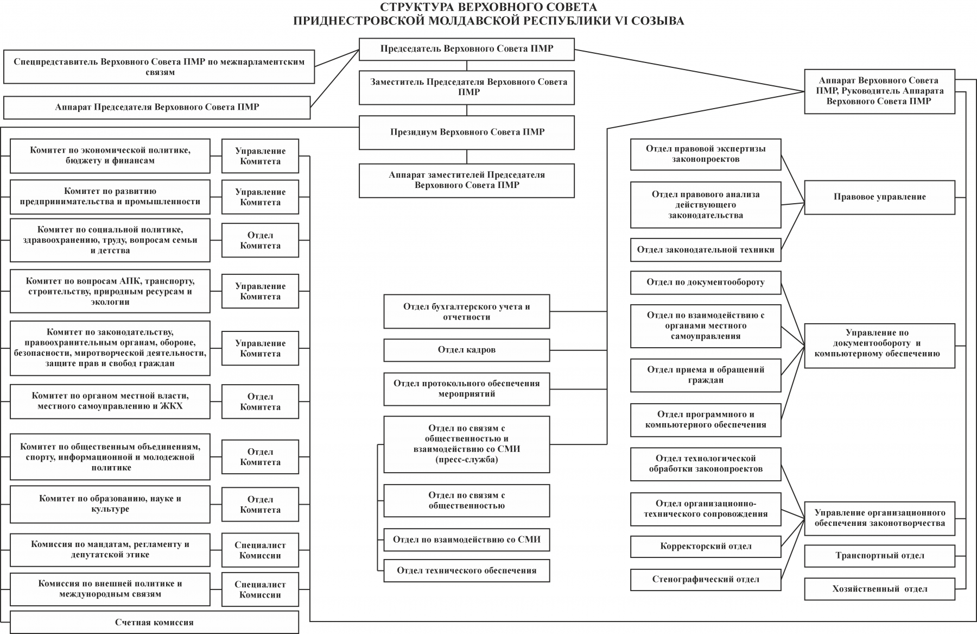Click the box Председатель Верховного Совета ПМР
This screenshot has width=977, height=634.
pyautogui.click(x=466, y=49)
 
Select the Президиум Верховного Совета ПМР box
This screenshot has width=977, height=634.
pyautogui.click(x=466, y=132)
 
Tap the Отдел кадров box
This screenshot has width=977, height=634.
pyautogui.click(x=466, y=350)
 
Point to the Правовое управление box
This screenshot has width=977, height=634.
pyautogui.click(x=879, y=197)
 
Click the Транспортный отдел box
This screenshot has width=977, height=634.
pyautogui.click(x=879, y=556)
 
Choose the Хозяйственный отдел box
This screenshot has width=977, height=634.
pyautogui.click(x=879, y=589)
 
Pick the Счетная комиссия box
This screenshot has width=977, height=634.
pyautogui.click(x=154, y=622)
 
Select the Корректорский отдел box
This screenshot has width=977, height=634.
pyautogui.click(x=706, y=547)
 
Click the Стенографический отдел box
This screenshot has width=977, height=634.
pyautogui.click(x=706, y=579)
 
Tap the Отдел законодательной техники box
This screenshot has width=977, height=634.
pyautogui.click(x=706, y=250)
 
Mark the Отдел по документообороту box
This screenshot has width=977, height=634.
pyautogui.click(x=706, y=283)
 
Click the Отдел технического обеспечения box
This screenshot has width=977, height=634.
pyautogui.click(x=466, y=570)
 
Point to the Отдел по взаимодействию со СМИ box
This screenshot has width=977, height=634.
pyautogui.click(x=466, y=540)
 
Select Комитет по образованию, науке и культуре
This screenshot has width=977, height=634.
pyautogui.click(x=110, y=504)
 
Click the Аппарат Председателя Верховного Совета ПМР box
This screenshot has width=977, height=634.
pyautogui.click(x=157, y=107)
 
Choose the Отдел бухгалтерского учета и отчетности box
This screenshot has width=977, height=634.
pyautogui.click(x=466, y=312)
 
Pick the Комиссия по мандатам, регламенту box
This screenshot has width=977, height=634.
pyautogui.click(x=110, y=550)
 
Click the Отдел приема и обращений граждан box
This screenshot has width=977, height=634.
pyautogui.click(x=706, y=375)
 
